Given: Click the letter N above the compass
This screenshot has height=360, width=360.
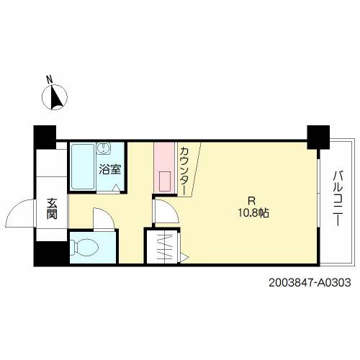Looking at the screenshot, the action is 50,80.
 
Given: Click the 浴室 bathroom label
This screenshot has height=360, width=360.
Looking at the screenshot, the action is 110,169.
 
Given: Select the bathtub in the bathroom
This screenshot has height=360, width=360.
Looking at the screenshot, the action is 83,166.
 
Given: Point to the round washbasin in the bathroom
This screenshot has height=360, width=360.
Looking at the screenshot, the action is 104,148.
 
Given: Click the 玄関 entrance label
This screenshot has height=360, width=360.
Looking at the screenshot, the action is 52,209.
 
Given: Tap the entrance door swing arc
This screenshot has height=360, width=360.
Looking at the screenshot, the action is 20,212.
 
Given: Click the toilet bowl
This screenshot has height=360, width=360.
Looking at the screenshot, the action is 84,247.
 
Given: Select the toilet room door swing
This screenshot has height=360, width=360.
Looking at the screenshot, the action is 104,219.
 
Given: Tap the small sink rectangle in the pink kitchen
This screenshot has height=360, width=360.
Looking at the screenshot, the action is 165,181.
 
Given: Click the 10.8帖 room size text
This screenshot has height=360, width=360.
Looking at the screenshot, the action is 253,212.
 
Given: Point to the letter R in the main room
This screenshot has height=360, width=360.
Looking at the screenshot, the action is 251,201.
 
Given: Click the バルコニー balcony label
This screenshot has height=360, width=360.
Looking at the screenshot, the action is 338,198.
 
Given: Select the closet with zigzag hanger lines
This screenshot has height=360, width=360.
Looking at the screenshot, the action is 163,246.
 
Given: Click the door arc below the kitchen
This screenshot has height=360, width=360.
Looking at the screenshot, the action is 166,211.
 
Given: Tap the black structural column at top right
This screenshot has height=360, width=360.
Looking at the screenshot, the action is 318,137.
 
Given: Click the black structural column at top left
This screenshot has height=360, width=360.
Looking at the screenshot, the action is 45,138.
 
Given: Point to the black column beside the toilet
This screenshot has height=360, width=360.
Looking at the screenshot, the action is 51,253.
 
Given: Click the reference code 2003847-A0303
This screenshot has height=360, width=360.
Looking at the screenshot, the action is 310,283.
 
